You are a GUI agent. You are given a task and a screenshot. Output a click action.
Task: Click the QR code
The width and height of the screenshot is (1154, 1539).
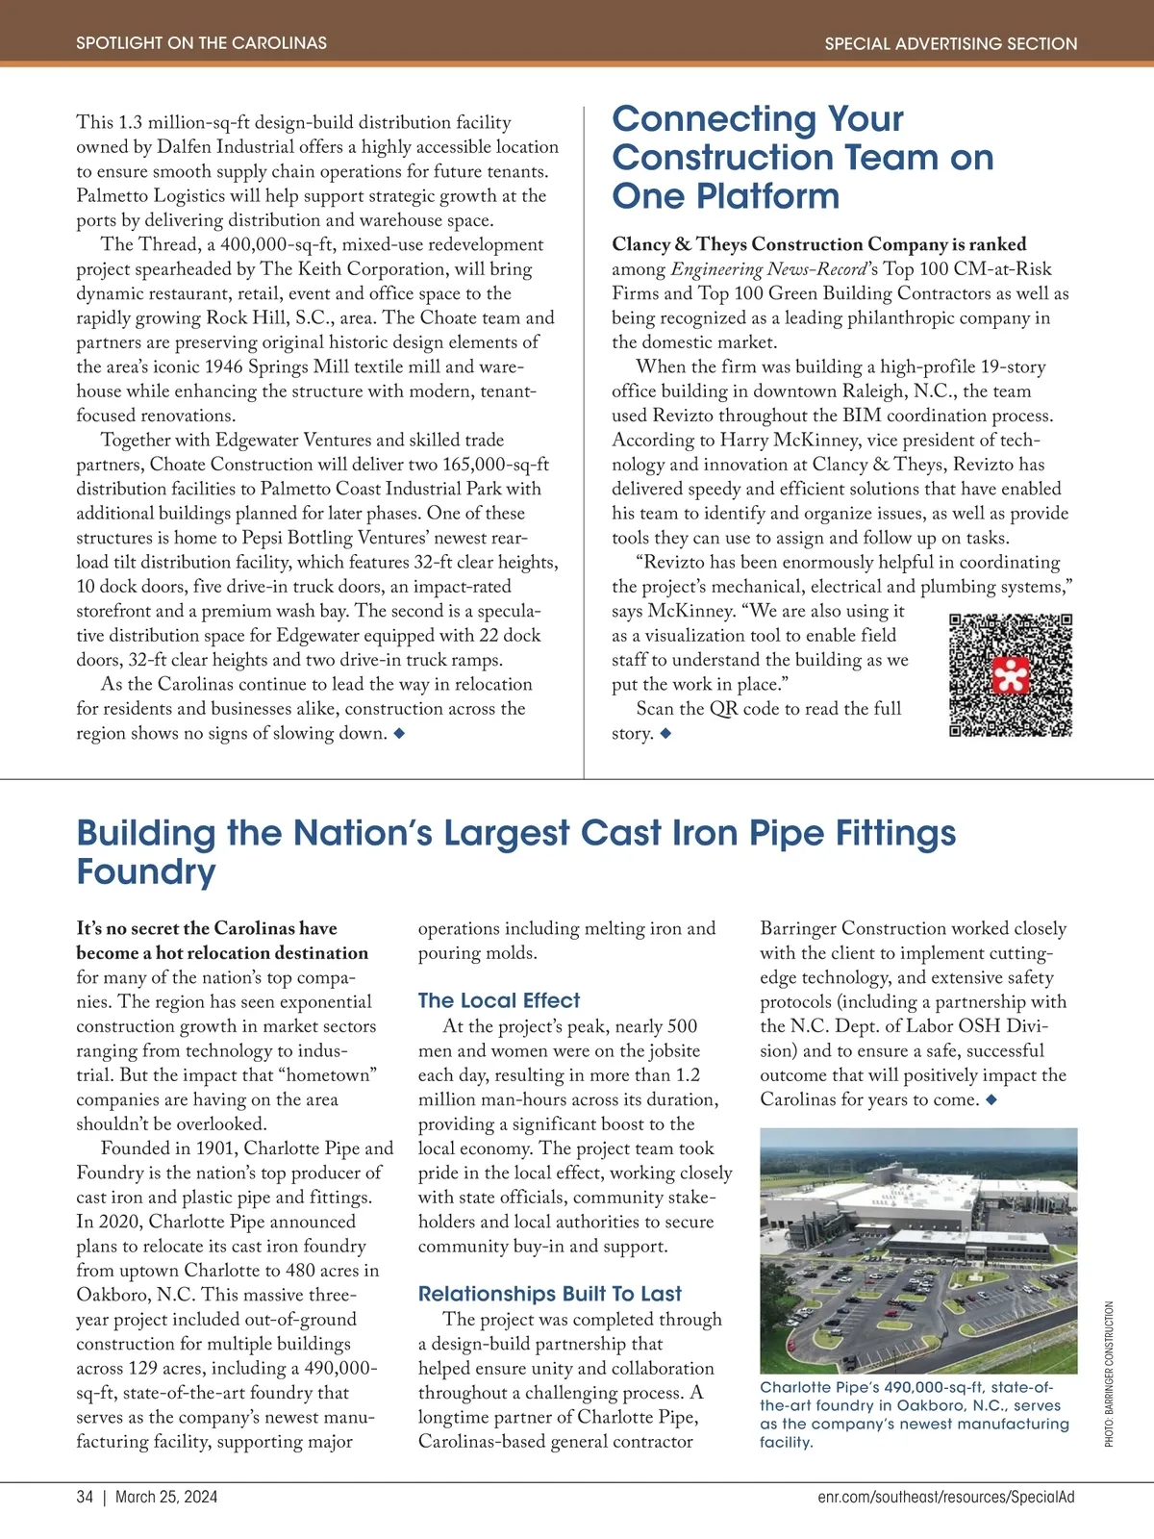1010,675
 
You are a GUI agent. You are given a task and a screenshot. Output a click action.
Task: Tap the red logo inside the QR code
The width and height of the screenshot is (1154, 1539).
1011,676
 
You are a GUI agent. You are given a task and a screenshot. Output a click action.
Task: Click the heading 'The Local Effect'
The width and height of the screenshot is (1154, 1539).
498,1000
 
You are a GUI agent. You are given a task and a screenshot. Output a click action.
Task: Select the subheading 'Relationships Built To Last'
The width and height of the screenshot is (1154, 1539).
549,1294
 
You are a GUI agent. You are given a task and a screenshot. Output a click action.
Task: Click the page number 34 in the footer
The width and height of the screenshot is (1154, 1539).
85,1497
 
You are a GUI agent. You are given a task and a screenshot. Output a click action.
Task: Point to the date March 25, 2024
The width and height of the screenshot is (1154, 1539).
166,1497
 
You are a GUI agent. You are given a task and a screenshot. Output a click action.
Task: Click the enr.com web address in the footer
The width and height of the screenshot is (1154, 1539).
946,1497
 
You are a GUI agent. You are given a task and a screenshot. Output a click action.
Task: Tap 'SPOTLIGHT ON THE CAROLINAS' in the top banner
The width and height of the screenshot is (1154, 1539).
201,43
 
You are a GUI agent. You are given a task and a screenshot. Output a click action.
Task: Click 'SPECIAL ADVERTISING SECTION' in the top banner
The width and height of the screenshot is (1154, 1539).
950,43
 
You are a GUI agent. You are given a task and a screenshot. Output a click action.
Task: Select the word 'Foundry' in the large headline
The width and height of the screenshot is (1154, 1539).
146,871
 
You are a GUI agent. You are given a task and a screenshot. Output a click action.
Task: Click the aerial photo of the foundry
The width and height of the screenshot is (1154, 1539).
917,1250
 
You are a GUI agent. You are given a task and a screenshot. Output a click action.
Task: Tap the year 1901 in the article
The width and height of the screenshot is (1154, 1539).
216,1148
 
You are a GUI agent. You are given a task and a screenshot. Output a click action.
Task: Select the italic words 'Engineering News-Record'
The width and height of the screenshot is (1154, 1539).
768,269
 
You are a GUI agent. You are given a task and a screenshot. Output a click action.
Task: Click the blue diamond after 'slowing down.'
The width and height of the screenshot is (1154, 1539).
399,734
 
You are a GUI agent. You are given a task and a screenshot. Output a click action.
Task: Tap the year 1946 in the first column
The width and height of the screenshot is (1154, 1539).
223,367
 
